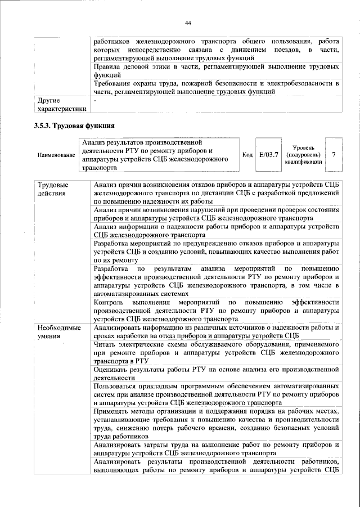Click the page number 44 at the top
point(188,22)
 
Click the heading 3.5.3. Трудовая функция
point(74,125)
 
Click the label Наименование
point(55,155)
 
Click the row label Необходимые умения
point(59,331)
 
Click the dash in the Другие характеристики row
point(95,101)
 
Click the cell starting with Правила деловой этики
point(216,70)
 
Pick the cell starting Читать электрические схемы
point(216,352)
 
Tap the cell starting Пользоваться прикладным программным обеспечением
point(216,395)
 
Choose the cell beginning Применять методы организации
point(216,423)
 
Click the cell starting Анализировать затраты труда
point(216,449)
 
